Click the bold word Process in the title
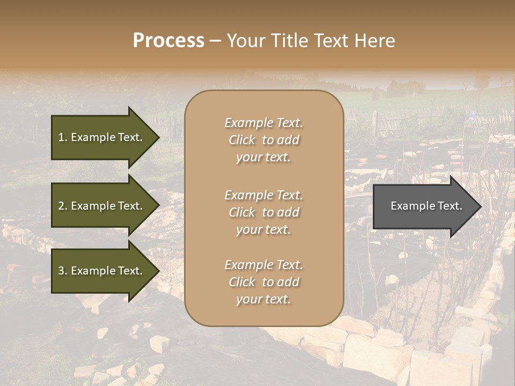168,41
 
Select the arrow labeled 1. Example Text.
102,137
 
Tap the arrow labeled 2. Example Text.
102,206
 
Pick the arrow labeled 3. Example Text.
102,271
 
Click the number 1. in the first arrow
63,137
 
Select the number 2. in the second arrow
63,206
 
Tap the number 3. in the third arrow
63,271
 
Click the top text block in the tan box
263,140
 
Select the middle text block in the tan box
263,212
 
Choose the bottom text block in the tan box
263,282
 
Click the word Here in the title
375,41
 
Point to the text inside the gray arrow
426,206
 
